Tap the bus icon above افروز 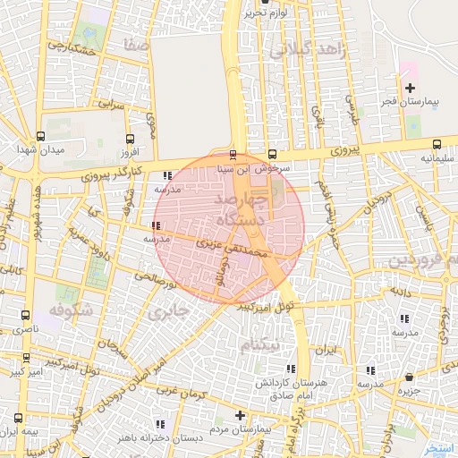pyautogui.click(x=131, y=139)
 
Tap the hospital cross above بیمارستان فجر pyautogui.click(x=410, y=89)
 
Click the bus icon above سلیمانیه pyautogui.click(x=437, y=145)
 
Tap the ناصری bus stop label pyautogui.click(x=24, y=330)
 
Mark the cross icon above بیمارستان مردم pyautogui.click(x=240, y=416)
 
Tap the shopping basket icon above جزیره pyautogui.click(x=409, y=377)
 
